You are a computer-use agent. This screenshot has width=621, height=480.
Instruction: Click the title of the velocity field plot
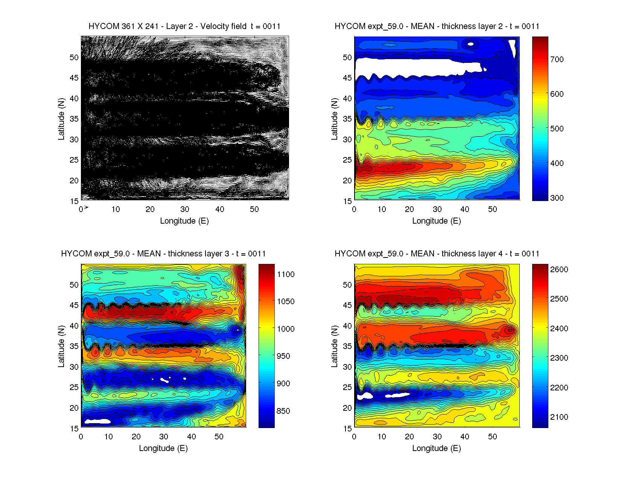click(184, 26)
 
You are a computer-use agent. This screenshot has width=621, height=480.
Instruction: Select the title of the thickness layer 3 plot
click(163, 254)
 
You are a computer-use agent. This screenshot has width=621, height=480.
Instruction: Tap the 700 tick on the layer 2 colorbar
click(557, 59)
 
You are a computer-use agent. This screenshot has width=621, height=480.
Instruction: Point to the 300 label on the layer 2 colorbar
click(557, 198)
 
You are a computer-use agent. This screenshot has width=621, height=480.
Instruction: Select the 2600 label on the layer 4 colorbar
click(559, 270)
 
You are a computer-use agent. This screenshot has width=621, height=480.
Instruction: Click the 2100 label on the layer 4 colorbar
click(559, 417)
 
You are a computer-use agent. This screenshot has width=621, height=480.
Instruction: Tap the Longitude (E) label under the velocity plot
click(184, 221)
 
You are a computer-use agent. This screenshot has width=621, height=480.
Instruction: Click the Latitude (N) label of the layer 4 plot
click(334, 346)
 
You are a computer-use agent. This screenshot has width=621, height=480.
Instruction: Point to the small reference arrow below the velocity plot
click(86, 207)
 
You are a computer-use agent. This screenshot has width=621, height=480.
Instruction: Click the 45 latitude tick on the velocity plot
click(74, 78)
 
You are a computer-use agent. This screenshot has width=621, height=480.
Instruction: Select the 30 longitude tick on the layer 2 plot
click(437, 209)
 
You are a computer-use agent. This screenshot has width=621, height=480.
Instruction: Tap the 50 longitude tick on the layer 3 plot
click(219, 437)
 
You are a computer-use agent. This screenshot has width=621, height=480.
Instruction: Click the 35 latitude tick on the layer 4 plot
click(347, 346)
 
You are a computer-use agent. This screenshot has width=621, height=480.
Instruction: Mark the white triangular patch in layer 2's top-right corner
click(512, 47)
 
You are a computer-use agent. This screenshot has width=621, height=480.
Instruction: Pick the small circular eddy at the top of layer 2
click(470, 44)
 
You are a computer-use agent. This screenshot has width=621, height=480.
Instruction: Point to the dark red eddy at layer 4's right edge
click(510, 331)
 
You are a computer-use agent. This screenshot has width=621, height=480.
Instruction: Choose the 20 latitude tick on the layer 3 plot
click(74, 408)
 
